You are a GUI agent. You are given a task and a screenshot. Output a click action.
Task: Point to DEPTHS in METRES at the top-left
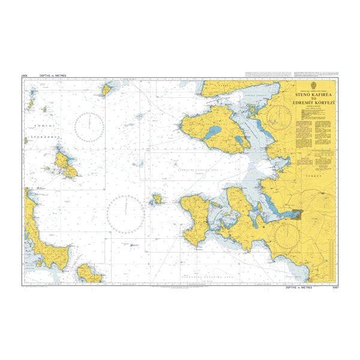click(x=52, y=75)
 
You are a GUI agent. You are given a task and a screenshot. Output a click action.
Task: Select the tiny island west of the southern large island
click(x=157, y=198)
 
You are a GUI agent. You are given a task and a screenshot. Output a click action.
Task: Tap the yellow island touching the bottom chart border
click(x=90, y=274)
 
